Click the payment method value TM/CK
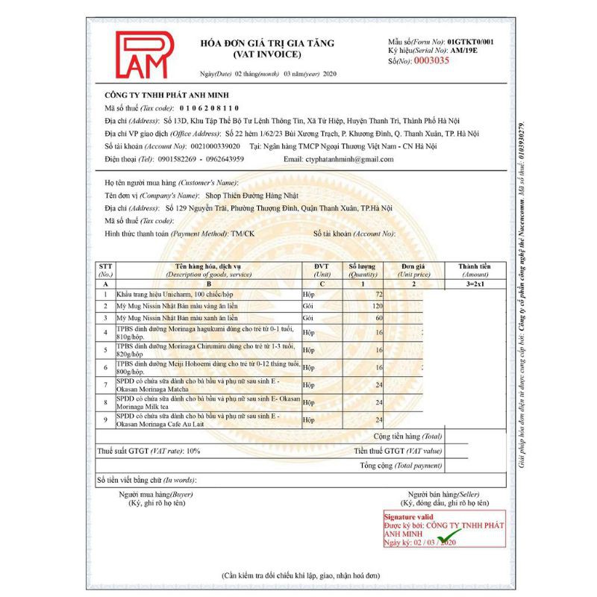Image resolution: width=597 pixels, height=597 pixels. [x=242, y=234]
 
